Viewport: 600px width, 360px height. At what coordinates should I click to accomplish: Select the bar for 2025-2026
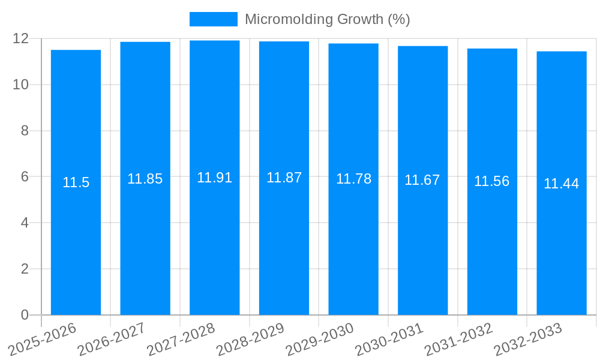(x=76, y=240)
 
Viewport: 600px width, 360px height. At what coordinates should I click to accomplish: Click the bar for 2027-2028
(x=215, y=240)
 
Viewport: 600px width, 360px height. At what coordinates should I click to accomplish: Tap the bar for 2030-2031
(x=423, y=240)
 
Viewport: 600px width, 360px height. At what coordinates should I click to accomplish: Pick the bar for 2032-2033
(x=562, y=240)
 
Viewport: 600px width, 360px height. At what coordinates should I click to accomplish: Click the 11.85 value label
(x=145, y=179)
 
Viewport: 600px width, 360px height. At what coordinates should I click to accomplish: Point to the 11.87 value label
(x=284, y=178)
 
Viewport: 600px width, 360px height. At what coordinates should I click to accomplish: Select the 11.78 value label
(x=353, y=179)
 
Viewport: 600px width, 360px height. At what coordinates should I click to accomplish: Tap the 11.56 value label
(x=492, y=181)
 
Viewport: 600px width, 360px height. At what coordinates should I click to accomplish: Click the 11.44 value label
(x=562, y=184)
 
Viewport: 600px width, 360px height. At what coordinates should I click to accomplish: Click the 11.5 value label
(x=76, y=183)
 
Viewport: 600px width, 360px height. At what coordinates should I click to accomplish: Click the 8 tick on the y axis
(x=25, y=131)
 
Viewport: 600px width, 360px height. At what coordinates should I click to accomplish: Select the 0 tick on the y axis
(x=25, y=315)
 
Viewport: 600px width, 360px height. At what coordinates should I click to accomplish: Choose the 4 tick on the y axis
(x=25, y=223)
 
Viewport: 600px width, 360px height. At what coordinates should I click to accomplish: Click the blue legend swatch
(x=214, y=19)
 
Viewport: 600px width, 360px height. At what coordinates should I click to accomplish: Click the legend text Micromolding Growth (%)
(x=328, y=19)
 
